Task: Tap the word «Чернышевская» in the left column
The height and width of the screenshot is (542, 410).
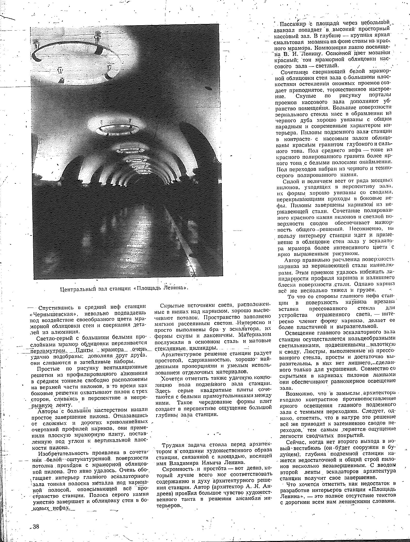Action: coord(47,313)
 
